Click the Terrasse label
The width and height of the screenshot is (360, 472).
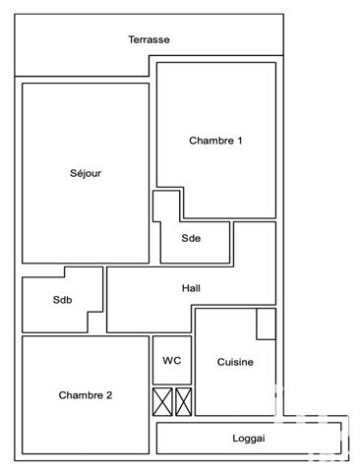point(149,40)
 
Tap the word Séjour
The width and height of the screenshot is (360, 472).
point(86,173)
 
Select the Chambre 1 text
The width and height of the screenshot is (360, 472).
point(215,141)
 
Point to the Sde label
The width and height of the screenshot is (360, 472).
point(191,238)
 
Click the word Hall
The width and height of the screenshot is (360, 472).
point(192,289)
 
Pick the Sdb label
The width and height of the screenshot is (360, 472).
point(63,301)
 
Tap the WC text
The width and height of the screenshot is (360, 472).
point(172,361)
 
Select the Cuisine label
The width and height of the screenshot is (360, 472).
point(235,362)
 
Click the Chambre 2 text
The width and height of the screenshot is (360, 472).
point(86,395)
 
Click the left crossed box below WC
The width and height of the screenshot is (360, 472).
point(162,401)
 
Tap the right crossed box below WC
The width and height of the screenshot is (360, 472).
point(183,401)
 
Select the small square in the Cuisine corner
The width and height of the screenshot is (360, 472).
point(266,324)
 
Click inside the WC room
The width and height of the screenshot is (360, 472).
point(172,374)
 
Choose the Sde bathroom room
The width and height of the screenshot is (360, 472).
point(202,251)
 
